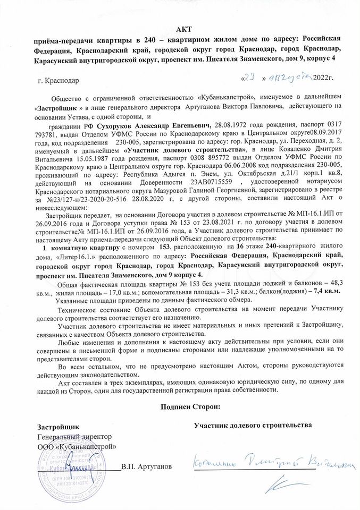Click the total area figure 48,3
point(338,283)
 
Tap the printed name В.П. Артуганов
point(146,466)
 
